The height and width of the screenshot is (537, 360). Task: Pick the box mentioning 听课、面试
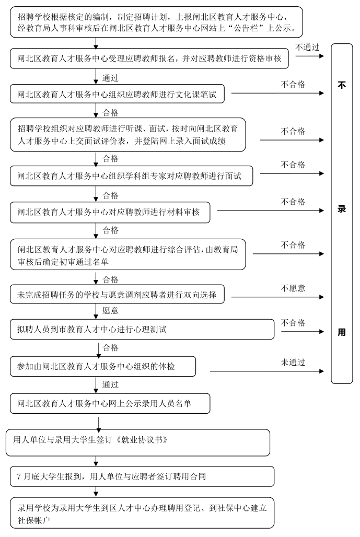127,134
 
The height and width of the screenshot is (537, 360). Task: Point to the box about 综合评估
127,254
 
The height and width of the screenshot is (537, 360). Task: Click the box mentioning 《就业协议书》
138,442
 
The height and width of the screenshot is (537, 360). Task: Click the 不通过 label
307,47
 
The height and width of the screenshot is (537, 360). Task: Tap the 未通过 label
293,362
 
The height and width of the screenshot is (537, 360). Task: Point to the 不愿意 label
293,288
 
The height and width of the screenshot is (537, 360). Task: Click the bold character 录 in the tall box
342,208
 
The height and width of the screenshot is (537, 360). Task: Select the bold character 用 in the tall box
342,332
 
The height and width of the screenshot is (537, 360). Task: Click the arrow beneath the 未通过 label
266,372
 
